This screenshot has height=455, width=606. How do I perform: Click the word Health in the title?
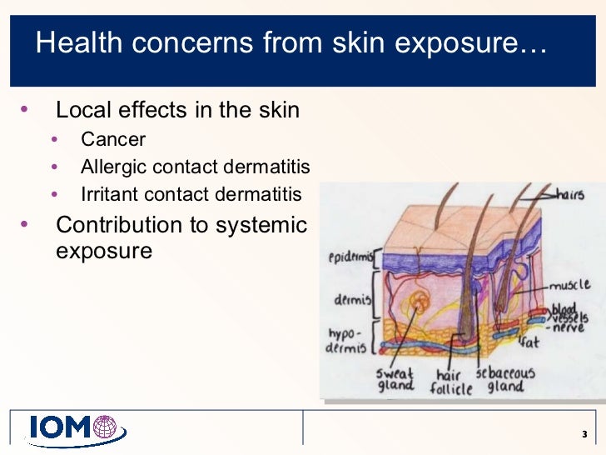tap(77, 44)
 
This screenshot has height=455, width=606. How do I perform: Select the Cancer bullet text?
tap(113, 139)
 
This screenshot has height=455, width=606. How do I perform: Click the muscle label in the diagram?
tap(570, 286)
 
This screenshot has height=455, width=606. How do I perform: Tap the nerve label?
tap(570, 328)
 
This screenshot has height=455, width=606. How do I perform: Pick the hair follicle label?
tap(452, 381)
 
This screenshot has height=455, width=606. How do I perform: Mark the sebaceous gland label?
tap(505, 380)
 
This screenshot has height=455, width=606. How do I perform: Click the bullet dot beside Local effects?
tap(24, 109)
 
